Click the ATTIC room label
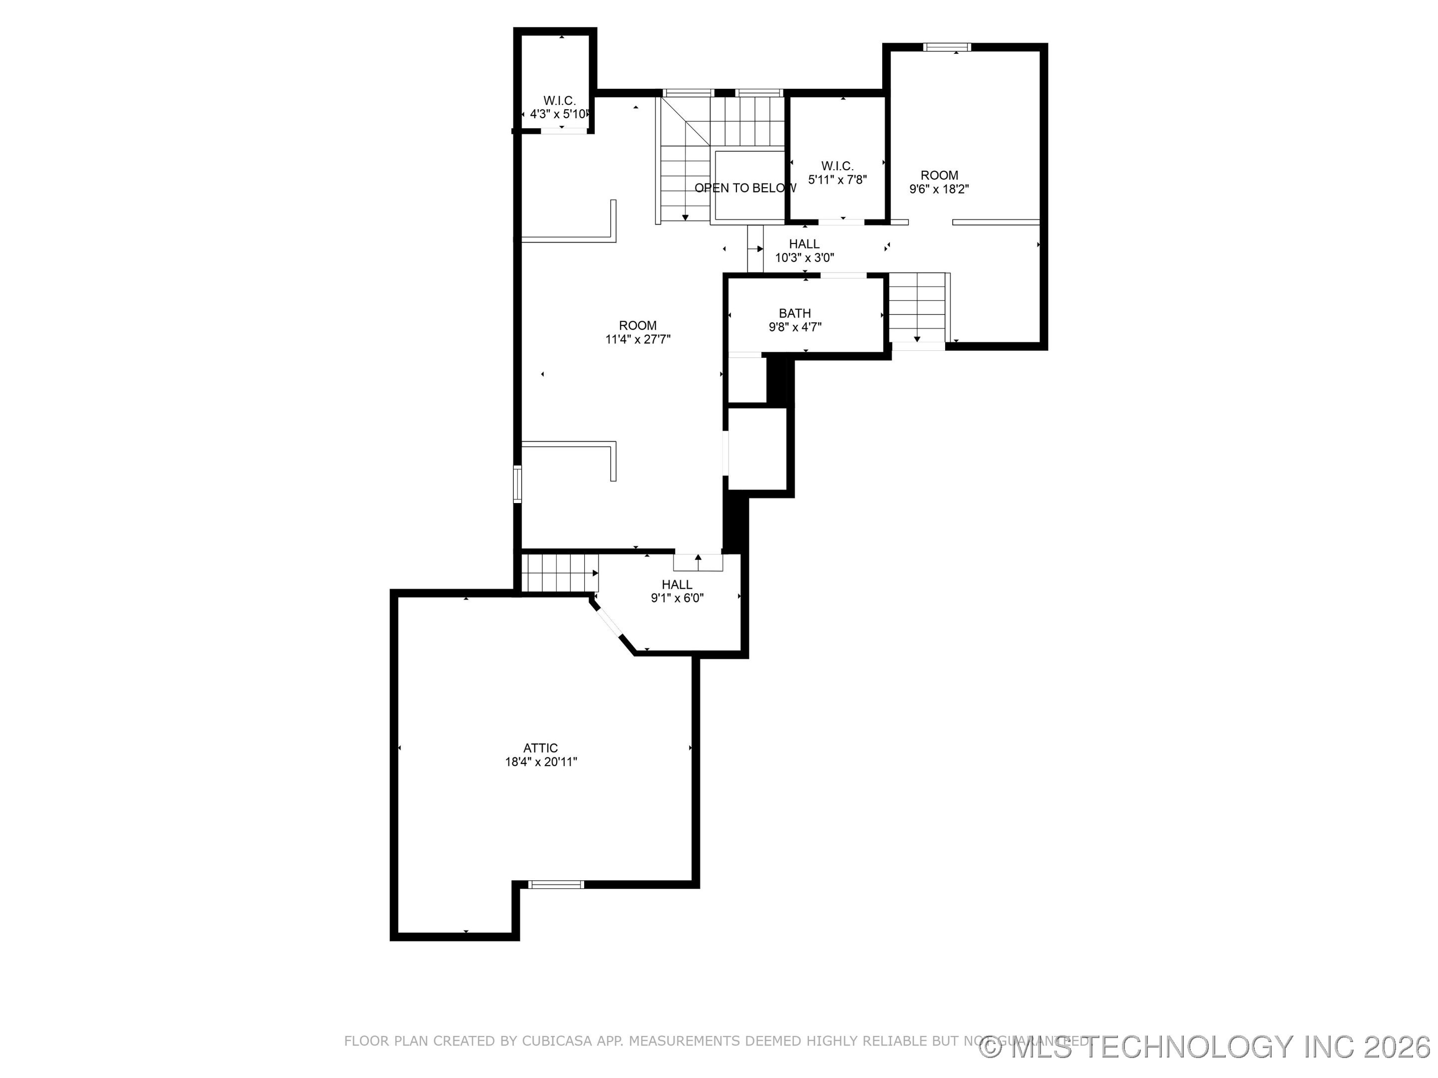(x=540, y=748)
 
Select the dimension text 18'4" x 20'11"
(x=541, y=762)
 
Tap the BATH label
(x=794, y=313)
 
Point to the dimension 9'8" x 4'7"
(x=794, y=327)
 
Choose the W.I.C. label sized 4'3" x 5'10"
(x=559, y=101)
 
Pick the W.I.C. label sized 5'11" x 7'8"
(x=837, y=166)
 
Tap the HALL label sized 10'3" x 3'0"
(x=804, y=244)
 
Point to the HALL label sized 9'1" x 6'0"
(x=677, y=584)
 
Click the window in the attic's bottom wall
(x=556, y=884)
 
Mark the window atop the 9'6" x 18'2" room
(x=947, y=47)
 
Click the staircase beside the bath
(x=917, y=307)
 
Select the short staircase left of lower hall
(x=559, y=572)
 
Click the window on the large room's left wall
(x=517, y=484)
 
